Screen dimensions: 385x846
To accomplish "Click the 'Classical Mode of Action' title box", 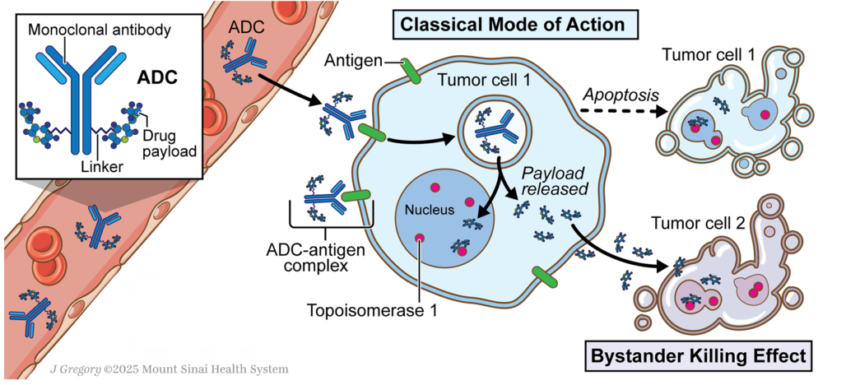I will [512, 24].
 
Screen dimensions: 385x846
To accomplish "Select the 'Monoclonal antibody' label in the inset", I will [100, 30].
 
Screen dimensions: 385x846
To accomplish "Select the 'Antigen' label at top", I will [352, 60].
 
